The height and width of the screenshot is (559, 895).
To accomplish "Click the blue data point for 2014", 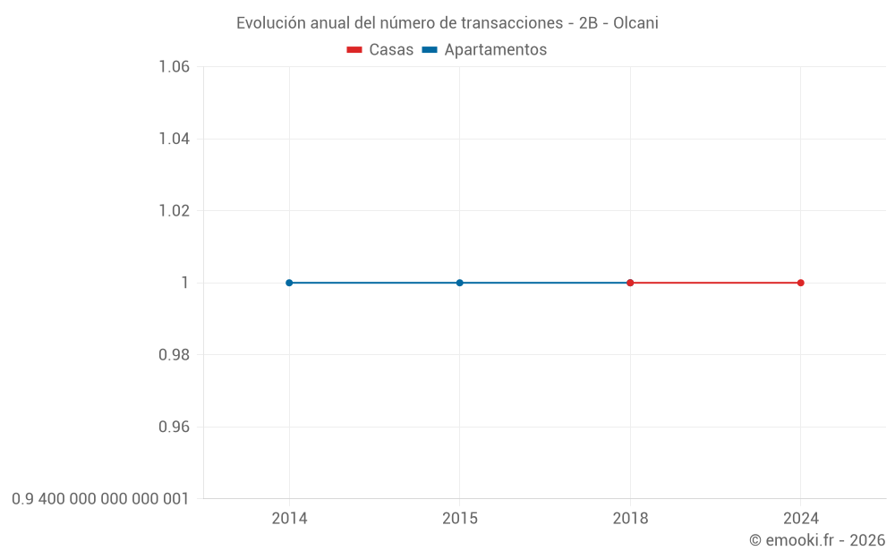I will coord(289,283).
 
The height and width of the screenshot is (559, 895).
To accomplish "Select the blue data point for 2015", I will coord(460,283).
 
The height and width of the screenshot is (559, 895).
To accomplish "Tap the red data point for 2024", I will coord(800,283).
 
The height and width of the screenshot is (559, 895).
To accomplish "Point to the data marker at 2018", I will coord(630,283).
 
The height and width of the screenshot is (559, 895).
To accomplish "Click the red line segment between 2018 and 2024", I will coord(716,283).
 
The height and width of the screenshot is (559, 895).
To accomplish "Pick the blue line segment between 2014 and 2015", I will coord(374,283).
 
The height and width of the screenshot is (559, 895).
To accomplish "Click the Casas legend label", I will coord(391,50).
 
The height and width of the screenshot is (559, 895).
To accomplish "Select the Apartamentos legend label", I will coord(495,50).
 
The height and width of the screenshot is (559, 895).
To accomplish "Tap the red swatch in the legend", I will coord(354,50).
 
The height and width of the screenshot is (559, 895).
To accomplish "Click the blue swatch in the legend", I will coord(430,50).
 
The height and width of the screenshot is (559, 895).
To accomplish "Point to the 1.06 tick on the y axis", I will coord(174,67).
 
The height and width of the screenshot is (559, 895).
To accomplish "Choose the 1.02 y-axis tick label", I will coord(174,211).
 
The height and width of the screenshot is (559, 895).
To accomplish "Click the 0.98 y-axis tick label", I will coord(174,355).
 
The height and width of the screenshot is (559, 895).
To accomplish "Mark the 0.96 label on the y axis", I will coord(174,427).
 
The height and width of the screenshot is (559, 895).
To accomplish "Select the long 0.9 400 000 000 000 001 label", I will coord(100,499).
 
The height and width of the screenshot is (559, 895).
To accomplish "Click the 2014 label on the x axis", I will coord(289,519).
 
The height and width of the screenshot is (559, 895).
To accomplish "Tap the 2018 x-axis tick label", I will coord(630,519).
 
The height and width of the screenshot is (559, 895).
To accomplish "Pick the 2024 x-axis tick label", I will coord(800,519).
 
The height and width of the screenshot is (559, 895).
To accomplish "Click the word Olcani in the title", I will coord(635,23).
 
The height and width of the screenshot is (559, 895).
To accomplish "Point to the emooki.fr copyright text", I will coord(817,540).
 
